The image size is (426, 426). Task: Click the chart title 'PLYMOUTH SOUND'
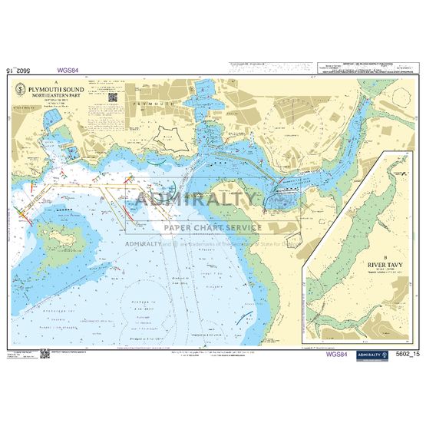[x=56, y=89]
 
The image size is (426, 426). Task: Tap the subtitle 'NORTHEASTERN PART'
[x=56, y=95]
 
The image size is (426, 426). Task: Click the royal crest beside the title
[x=21, y=91]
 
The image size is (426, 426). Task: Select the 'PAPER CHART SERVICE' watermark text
[x=212, y=227]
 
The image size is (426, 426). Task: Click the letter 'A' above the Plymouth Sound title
[x=56, y=81]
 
